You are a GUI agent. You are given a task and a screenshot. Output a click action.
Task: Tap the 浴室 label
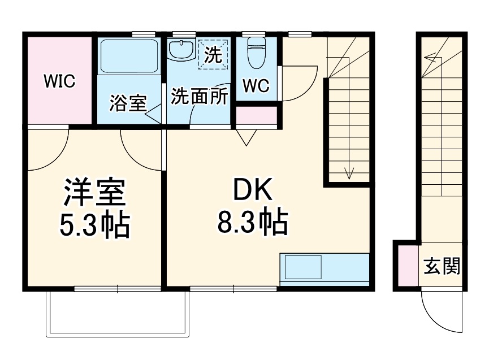[128, 103]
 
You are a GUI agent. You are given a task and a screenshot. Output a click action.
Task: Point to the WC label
[256, 86]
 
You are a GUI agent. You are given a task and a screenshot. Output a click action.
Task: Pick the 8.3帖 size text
[252, 223]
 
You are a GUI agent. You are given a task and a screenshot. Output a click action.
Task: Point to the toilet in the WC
[256, 54]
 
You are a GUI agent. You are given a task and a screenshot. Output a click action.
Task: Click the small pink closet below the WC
[256, 116]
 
